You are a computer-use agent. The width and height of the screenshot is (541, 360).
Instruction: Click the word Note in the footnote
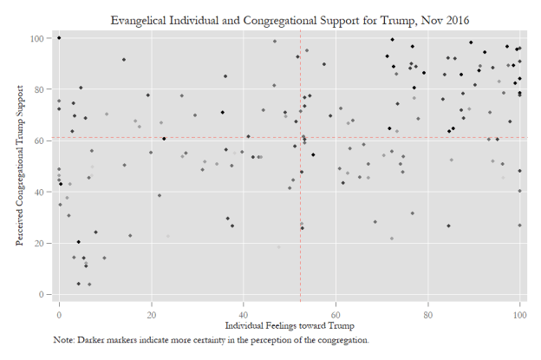click(63, 340)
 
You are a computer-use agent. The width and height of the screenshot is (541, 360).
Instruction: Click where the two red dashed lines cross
click(301, 138)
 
